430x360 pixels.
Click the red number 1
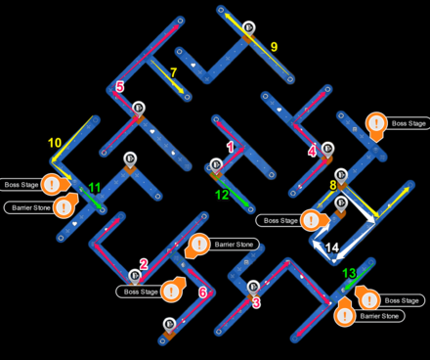point(231,148)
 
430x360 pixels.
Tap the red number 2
point(144,264)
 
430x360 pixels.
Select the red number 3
point(256,303)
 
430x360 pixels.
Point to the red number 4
point(312,152)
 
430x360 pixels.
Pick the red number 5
point(119,88)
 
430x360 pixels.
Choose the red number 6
point(202,292)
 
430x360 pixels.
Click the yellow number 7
point(173,73)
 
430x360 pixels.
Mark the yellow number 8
point(333,185)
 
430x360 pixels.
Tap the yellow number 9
point(274,47)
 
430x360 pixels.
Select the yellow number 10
point(55,143)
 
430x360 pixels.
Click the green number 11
point(95,188)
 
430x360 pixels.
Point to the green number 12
point(222,195)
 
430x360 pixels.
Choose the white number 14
point(332,247)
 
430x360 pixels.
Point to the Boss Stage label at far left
point(21,185)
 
